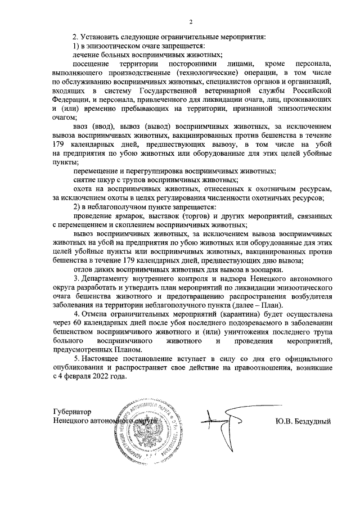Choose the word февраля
[78, 377]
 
